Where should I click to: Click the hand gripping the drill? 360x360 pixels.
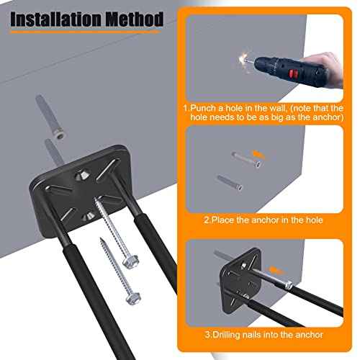(x=328, y=68)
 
